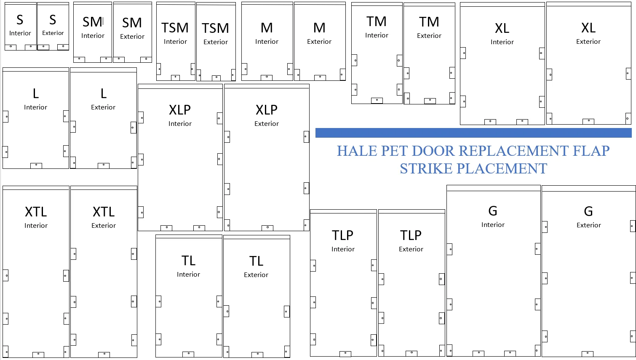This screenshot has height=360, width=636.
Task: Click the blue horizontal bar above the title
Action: [x=473, y=133]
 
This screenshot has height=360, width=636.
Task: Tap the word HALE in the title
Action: [x=357, y=151]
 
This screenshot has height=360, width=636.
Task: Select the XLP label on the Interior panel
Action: [x=180, y=110]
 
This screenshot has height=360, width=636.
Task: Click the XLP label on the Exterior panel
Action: [x=267, y=110]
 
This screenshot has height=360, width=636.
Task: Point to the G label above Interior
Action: [x=493, y=211]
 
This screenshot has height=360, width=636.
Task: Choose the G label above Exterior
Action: [x=588, y=211]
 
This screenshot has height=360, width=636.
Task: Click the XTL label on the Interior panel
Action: [x=36, y=212]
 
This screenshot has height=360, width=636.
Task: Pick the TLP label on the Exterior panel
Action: [x=411, y=235]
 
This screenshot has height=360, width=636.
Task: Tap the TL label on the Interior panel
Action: [x=188, y=261]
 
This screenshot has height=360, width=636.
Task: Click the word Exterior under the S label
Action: [x=53, y=33]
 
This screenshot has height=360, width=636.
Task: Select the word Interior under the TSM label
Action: [x=175, y=42]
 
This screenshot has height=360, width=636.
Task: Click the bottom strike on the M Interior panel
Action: [x=267, y=77]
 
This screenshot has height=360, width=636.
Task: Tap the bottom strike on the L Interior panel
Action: [x=36, y=165]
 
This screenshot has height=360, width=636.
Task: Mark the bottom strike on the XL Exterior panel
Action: [x=588, y=121]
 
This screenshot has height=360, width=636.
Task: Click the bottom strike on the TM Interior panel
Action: [x=377, y=100]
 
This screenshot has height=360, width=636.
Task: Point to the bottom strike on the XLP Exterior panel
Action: [x=267, y=228]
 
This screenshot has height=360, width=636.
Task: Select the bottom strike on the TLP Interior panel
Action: [x=345, y=354]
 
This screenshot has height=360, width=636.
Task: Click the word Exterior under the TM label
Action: [x=429, y=36]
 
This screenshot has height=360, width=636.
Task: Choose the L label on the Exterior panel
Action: [x=104, y=93]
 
